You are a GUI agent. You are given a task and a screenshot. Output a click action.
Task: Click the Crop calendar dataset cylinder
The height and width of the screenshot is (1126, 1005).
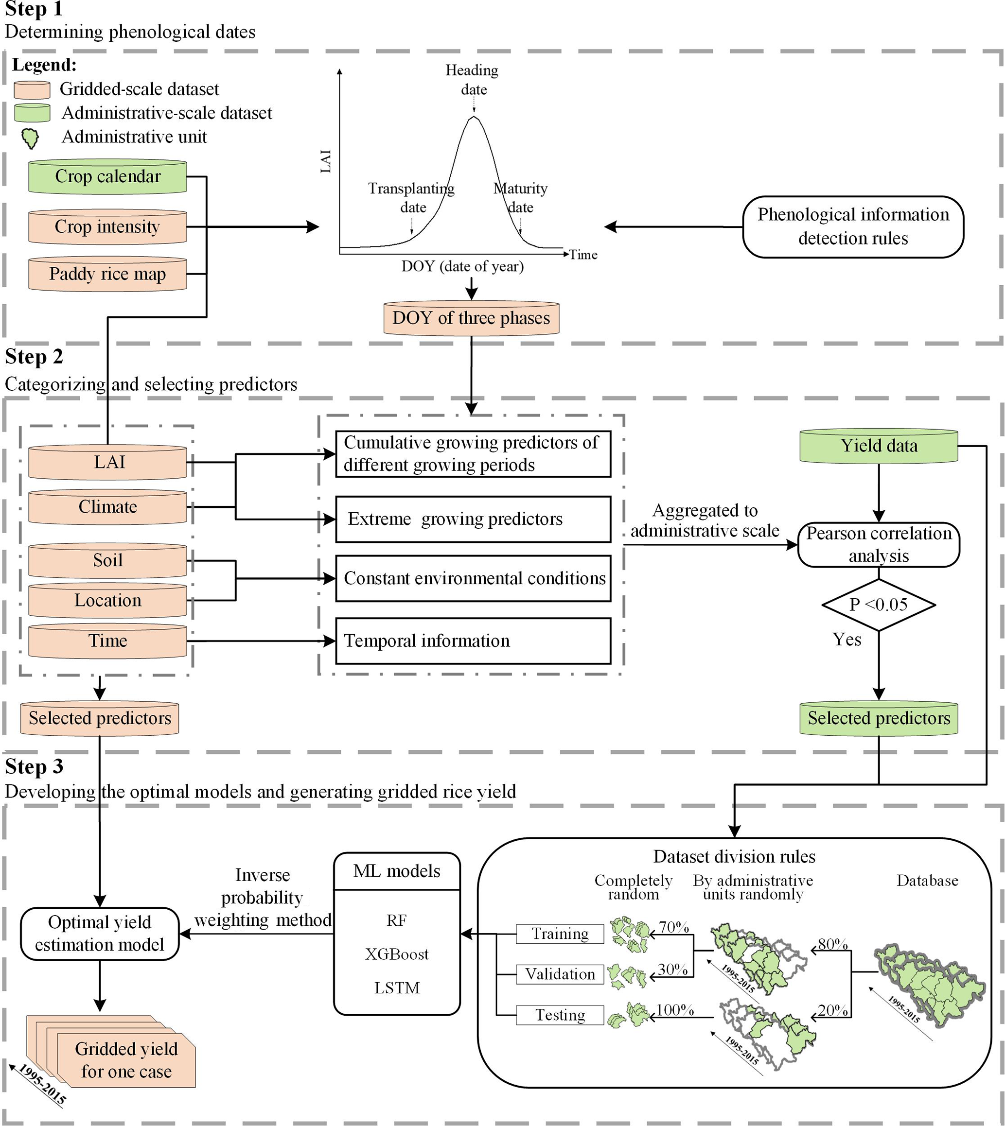coord(107,176)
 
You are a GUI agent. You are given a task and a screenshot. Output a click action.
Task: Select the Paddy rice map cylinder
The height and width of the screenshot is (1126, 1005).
coord(107,274)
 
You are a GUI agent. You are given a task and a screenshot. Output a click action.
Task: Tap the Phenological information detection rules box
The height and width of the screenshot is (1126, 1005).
coord(853,226)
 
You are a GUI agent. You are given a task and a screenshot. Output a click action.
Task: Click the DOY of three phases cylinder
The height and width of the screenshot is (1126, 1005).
coord(471,318)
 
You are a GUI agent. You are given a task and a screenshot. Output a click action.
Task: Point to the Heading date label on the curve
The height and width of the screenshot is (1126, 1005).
coord(472,80)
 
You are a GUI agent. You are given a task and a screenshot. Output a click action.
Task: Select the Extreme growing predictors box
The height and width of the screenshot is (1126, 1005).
coord(473,519)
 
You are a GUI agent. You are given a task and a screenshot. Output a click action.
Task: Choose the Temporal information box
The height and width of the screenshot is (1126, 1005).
coord(473,641)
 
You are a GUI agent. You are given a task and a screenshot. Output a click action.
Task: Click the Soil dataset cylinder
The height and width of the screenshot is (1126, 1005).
coord(107,560)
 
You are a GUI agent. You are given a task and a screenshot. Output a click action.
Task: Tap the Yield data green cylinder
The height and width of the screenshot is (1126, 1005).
coord(879,446)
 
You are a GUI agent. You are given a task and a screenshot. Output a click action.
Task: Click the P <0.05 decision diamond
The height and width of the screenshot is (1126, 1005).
coord(879,605)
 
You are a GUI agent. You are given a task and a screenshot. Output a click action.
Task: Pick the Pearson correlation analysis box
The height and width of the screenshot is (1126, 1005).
coord(879,544)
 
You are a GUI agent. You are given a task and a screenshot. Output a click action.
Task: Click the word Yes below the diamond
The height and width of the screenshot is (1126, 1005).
coord(846,639)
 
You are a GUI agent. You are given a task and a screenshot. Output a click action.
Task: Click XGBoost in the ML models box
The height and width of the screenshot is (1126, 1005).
coord(396,954)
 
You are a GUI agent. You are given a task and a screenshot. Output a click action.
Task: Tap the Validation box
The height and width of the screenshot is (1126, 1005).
coord(560,974)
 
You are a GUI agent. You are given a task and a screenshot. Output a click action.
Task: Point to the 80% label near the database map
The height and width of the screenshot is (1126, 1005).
coord(832,944)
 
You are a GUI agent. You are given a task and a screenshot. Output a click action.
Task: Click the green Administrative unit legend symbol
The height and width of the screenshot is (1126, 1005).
coord(30,138)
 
